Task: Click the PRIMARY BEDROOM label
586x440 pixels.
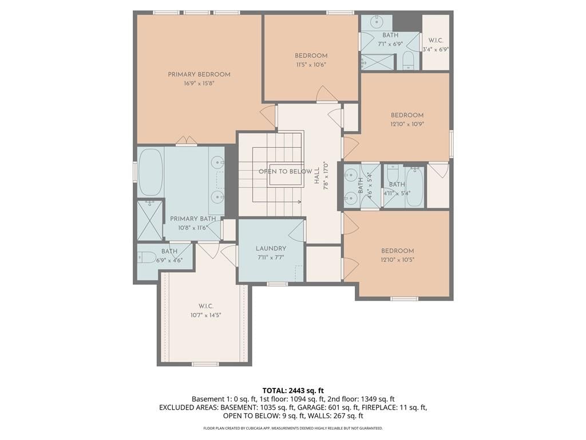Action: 199,74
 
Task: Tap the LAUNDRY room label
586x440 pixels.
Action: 271,249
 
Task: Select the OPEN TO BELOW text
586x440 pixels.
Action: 285,171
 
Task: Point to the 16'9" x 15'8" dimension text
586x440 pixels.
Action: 199,84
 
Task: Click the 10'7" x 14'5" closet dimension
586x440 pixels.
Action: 206,316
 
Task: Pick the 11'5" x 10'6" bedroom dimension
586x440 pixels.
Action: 311,64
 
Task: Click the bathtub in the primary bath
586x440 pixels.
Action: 151,172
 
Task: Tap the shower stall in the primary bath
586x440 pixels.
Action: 150,221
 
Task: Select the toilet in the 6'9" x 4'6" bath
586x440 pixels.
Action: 147,257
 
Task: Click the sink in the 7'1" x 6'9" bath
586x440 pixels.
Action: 377,22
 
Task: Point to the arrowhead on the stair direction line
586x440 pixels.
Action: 300,202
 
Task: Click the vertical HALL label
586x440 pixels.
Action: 317,175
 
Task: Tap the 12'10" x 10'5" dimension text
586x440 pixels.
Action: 398,260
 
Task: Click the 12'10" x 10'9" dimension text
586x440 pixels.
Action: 407,124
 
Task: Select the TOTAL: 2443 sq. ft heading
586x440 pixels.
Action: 293,391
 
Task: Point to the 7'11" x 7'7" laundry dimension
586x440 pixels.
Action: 271,257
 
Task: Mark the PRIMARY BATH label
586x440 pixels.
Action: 193,219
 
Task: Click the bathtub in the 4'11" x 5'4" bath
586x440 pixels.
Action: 415,186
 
